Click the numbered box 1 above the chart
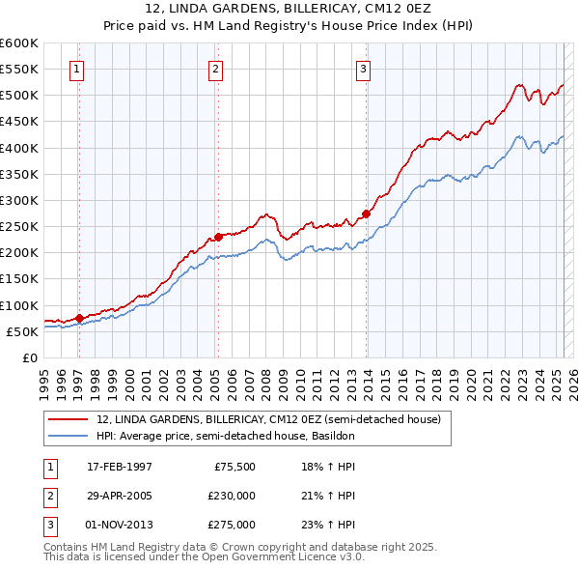[76, 69]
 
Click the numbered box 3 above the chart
[363, 69]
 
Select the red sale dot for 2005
[218, 237]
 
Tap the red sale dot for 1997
[78, 318]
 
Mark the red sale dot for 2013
[367, 214]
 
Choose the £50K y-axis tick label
[23, 331]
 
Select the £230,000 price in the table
[232, 496]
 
